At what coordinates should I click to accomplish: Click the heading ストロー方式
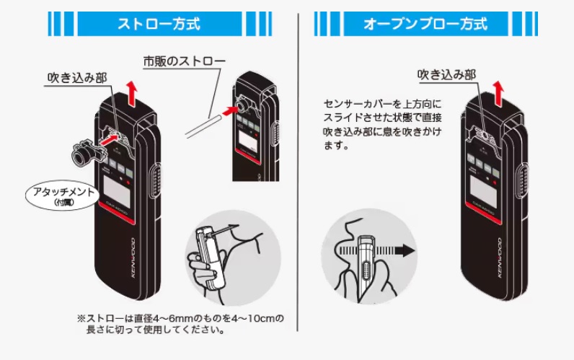click(x=159, y=23)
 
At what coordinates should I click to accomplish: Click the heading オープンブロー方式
click(x=425, y=23)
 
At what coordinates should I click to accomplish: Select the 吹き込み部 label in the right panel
click(x=446, y=74)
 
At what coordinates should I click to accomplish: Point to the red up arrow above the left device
click(x=131, y=92)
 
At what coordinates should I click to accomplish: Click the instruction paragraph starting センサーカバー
click(x=382, y=124)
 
